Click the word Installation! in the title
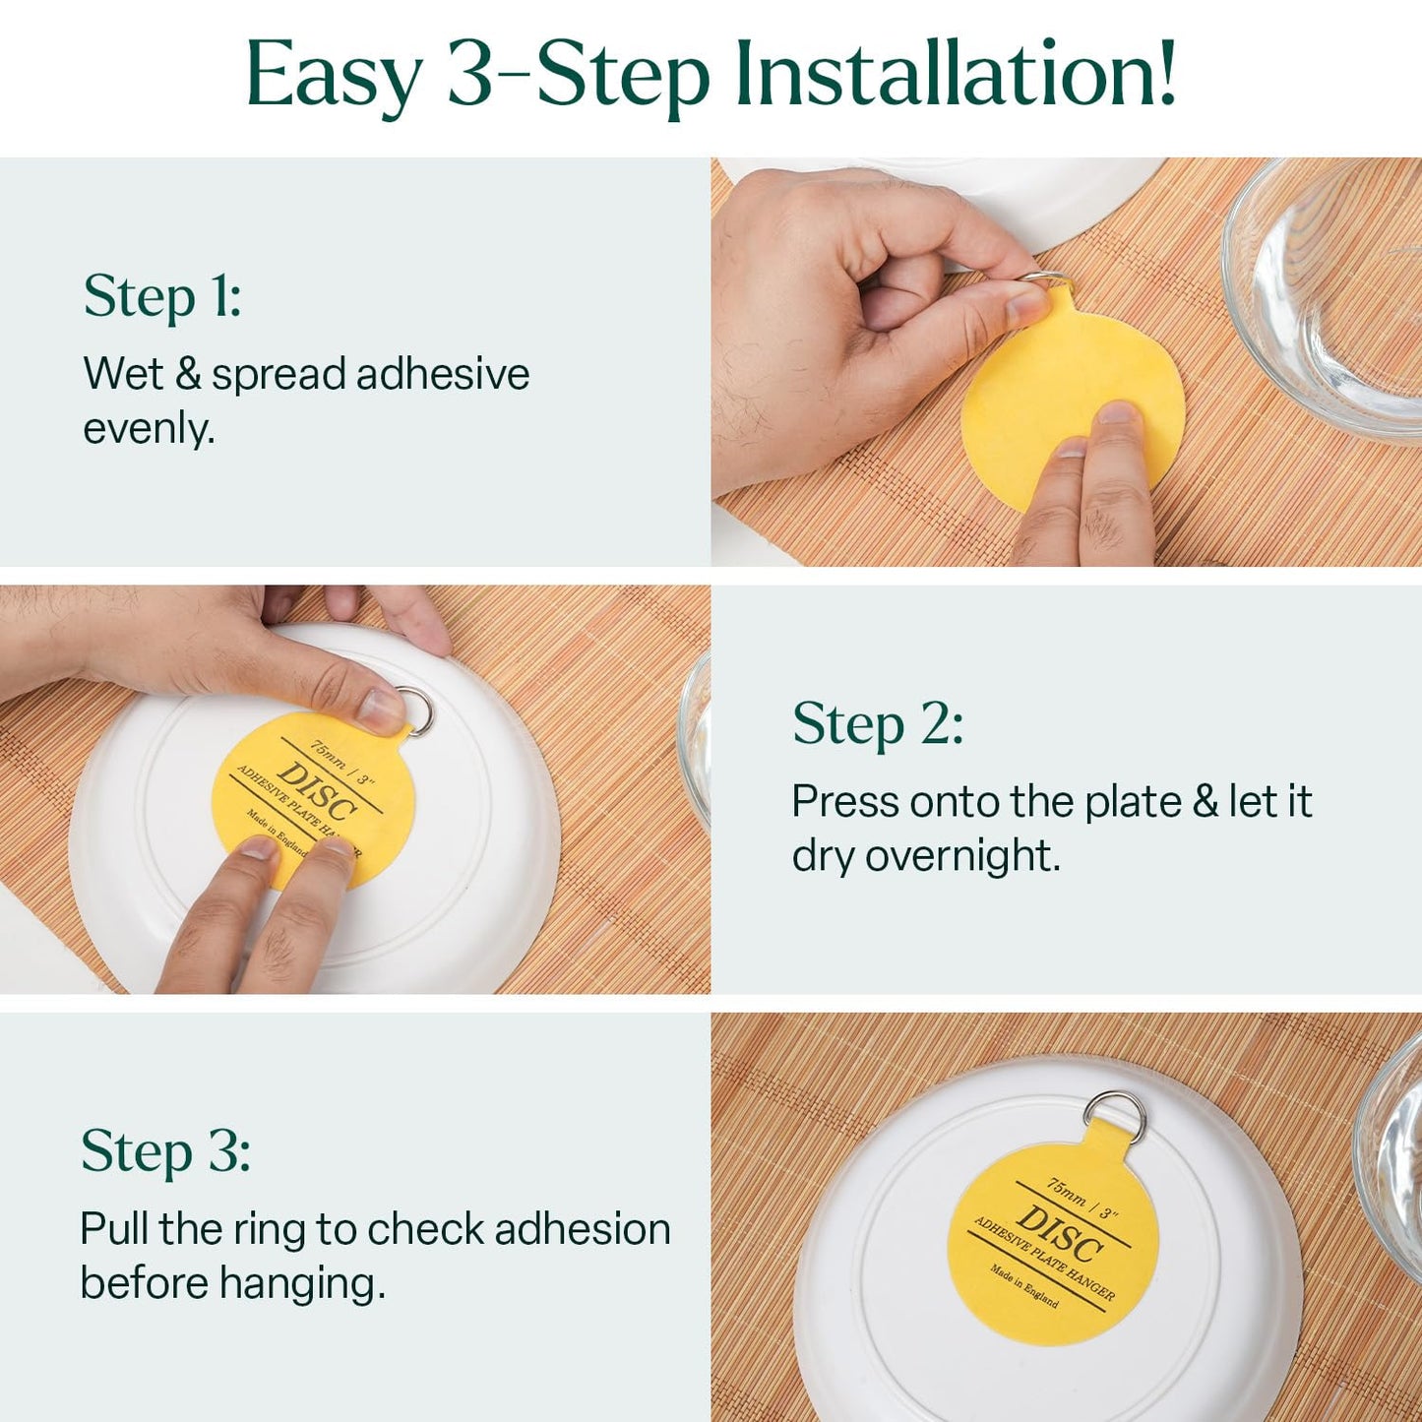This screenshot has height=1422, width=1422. click(956, 75)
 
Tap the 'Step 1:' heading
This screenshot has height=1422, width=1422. click(162, 296)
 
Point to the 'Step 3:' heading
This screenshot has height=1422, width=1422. click(165, 1151)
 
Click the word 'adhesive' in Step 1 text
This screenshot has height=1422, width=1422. click(443, 375)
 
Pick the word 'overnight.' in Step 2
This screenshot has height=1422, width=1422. click(963, 856)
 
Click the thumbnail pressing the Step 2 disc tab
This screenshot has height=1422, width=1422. click(379, 707)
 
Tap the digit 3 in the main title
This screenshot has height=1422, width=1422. click(470, 75)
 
